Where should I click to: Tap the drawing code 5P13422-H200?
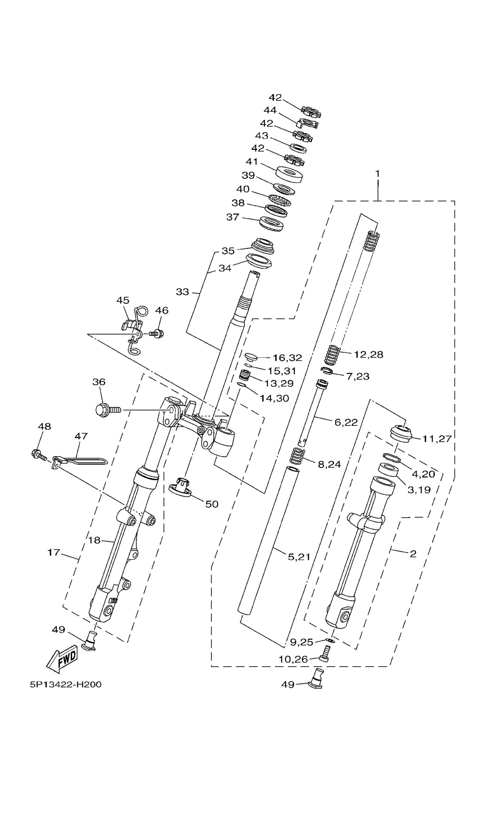point(66,685)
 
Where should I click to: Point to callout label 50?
point(212,504)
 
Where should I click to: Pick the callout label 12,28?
point(368,355)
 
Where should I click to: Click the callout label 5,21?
point(299,557)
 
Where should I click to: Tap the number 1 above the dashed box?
point(378,173)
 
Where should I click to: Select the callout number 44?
point(270,110)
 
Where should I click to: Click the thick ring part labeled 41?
point(289,174)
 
